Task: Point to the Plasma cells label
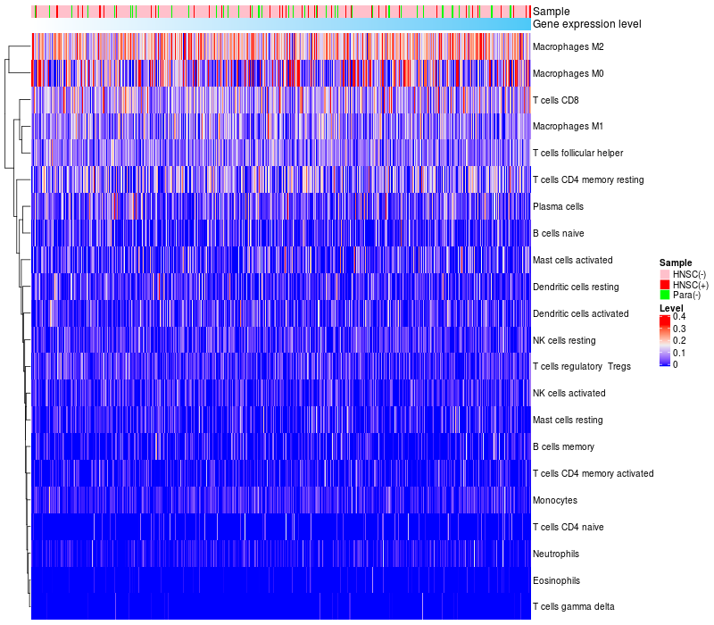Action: [x=558, y=206]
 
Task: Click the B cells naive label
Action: [x=558, y=233]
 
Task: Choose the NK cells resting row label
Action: [x=564, y=340]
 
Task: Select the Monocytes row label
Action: [x=555, y=500]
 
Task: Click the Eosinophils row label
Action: [x=556, y=580]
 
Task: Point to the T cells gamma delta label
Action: [x=574, y=607]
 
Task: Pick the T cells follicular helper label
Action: [x=577, y=154]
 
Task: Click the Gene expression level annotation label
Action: [x=586, y=24]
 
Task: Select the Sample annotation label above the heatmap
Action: [x=551, y=12]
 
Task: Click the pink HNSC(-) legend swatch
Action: [x=665, y=273]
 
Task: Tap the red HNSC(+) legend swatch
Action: [x=665, y=284]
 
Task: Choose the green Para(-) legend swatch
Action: [x=665, y=295]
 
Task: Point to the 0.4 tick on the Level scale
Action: [x=679, y=317]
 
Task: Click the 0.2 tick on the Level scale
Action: [x=679, y=341]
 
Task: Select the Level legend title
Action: [x=671, y=308]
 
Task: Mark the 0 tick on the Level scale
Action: [x=676, y=364]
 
